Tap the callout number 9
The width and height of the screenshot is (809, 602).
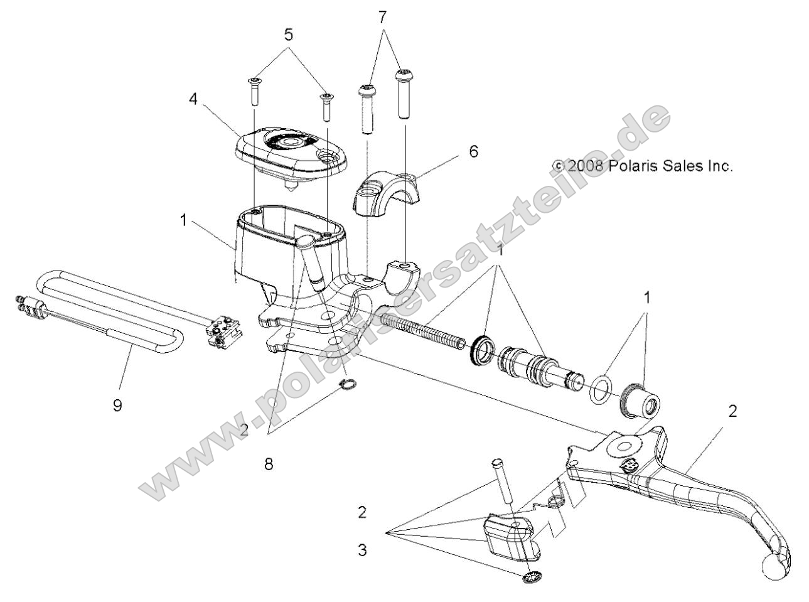coord(117,405)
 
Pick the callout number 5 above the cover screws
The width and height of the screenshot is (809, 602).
coord(288,35)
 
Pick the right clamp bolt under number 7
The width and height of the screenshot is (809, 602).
coord(402,94)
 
